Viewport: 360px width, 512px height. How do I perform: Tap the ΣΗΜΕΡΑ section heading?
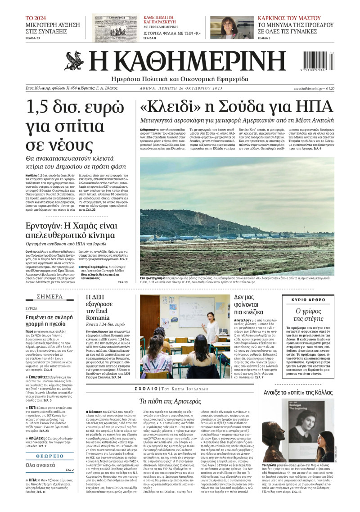(50, 297)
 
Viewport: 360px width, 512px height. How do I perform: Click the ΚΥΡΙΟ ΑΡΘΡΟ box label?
(311, 299)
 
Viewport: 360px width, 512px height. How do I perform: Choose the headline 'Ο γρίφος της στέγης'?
(310, 316)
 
